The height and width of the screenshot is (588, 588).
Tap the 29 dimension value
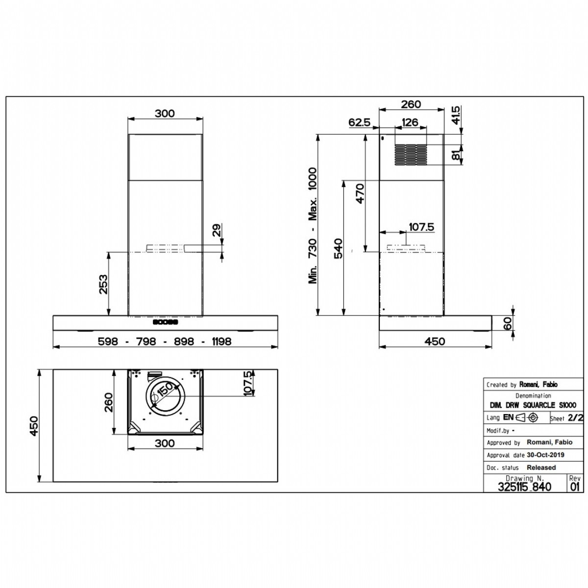(217, 230)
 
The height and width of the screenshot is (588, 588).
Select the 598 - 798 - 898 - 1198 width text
(165, 341)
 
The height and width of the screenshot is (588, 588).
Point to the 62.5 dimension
(359, 122)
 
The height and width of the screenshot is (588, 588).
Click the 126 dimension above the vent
(410, 122)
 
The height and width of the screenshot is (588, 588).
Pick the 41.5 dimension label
(455, 115)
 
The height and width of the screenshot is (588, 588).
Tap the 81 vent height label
(455, 155)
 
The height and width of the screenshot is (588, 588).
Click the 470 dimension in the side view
(360, 193)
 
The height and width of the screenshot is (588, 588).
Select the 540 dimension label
(339, 248)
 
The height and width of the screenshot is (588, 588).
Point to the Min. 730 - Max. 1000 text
(313, 225)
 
